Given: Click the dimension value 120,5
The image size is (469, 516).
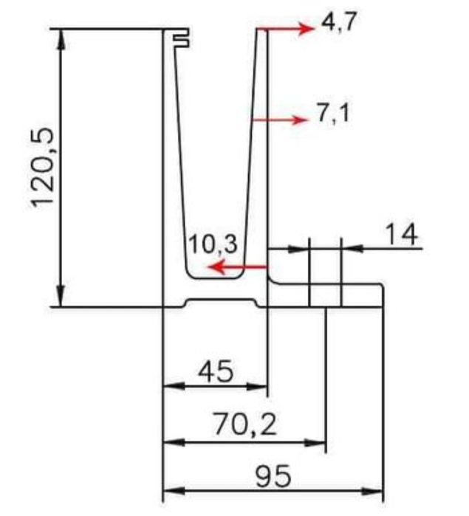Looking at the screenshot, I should click(x=44, y=168).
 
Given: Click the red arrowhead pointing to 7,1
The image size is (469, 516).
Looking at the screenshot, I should click(x=299, y=120).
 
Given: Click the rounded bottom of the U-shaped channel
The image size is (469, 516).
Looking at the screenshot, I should click(x=214, y=277).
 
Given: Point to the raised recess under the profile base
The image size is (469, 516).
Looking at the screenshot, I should click(x=222, y=301).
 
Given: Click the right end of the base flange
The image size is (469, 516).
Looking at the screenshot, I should click(x=383, y=295).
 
